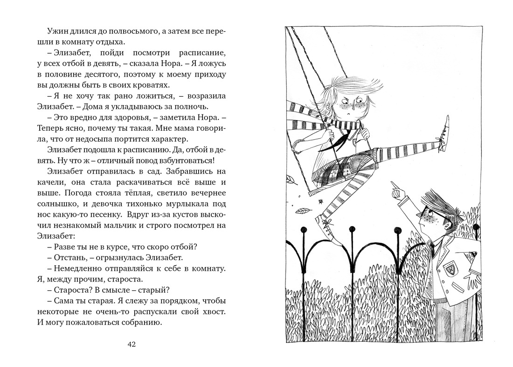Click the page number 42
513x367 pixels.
click(131, 345)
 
